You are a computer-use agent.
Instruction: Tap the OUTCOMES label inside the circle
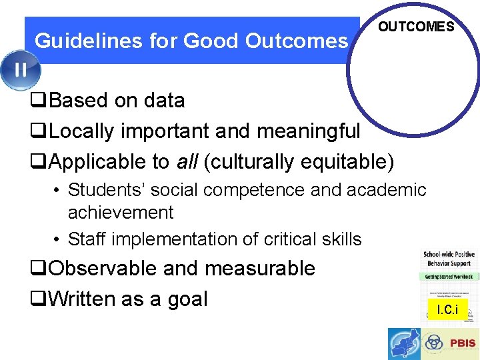coord(416,27)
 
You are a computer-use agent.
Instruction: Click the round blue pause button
coord(20,69)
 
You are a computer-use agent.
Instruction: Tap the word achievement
coord(121,213)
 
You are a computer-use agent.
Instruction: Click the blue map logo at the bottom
coord(405,343)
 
